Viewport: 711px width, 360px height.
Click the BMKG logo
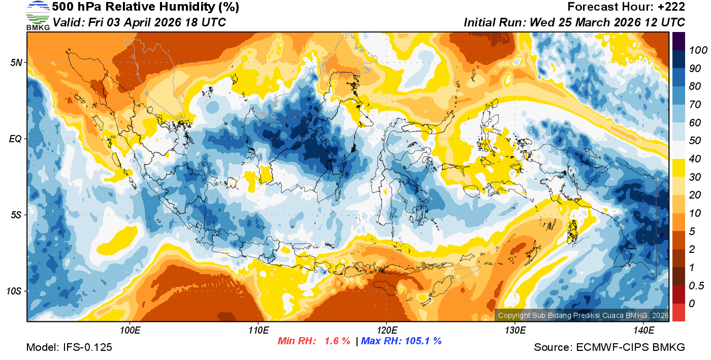(38, 16)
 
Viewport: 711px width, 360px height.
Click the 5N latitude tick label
(17, 63)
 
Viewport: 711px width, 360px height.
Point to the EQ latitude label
(16, 139)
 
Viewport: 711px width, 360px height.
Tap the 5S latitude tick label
(17, 215)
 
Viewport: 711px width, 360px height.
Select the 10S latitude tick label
(15, 291)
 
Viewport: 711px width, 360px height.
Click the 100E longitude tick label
(130, 331)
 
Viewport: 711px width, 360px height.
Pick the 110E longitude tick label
(258, 331)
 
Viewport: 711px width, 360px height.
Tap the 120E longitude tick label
(386, 331)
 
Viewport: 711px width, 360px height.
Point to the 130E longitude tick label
(515, 331)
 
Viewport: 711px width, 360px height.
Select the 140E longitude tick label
(643, 331)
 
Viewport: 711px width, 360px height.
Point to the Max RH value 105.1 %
(422, 341)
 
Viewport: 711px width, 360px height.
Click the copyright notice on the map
(583, 315)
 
